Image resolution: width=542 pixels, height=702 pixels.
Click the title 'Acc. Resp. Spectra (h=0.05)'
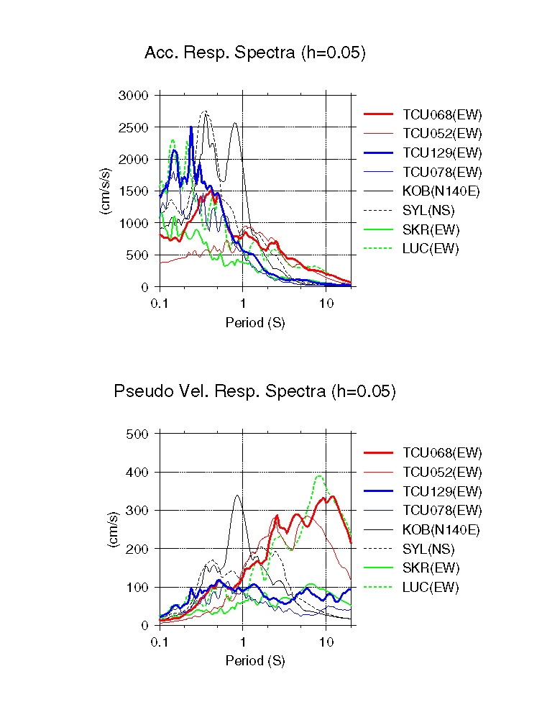tap(255, 53)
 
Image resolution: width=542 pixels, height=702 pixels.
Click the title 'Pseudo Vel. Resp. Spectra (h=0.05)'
tap(255, 391)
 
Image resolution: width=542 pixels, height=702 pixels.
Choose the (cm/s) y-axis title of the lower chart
tap(112, 530)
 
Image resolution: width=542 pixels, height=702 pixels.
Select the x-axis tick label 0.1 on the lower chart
tap(160, 642)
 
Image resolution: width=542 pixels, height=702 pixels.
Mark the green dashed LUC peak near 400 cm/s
tap(318, 475)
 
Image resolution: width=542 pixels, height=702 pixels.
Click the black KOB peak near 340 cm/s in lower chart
tap(237, 495)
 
